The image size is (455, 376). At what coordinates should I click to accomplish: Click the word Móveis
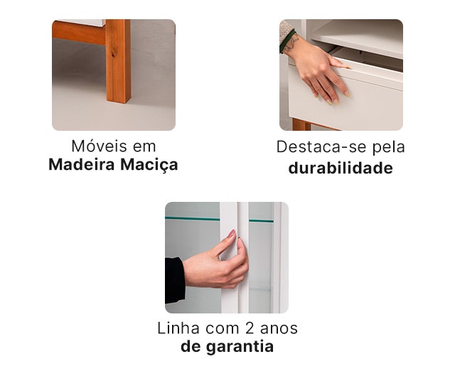point(100,146)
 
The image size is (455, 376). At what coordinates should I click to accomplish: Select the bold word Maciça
point(149,165)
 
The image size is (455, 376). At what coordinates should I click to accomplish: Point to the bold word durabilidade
point(341,168)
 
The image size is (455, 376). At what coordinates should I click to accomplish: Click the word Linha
point(178,328)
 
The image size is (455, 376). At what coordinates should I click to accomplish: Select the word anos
point(279,328)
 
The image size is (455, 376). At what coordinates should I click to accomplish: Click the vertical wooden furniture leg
point(118,61)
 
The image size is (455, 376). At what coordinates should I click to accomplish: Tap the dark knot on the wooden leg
point(113,53)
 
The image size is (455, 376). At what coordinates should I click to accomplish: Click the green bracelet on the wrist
point(287,41)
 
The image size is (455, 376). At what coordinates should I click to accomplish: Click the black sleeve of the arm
point(174,279)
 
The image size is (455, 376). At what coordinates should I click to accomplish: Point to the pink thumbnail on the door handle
point(231,233)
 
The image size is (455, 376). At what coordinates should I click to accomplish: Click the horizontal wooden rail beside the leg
point(79,33)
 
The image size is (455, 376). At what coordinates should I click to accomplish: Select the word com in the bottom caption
point(223,328)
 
